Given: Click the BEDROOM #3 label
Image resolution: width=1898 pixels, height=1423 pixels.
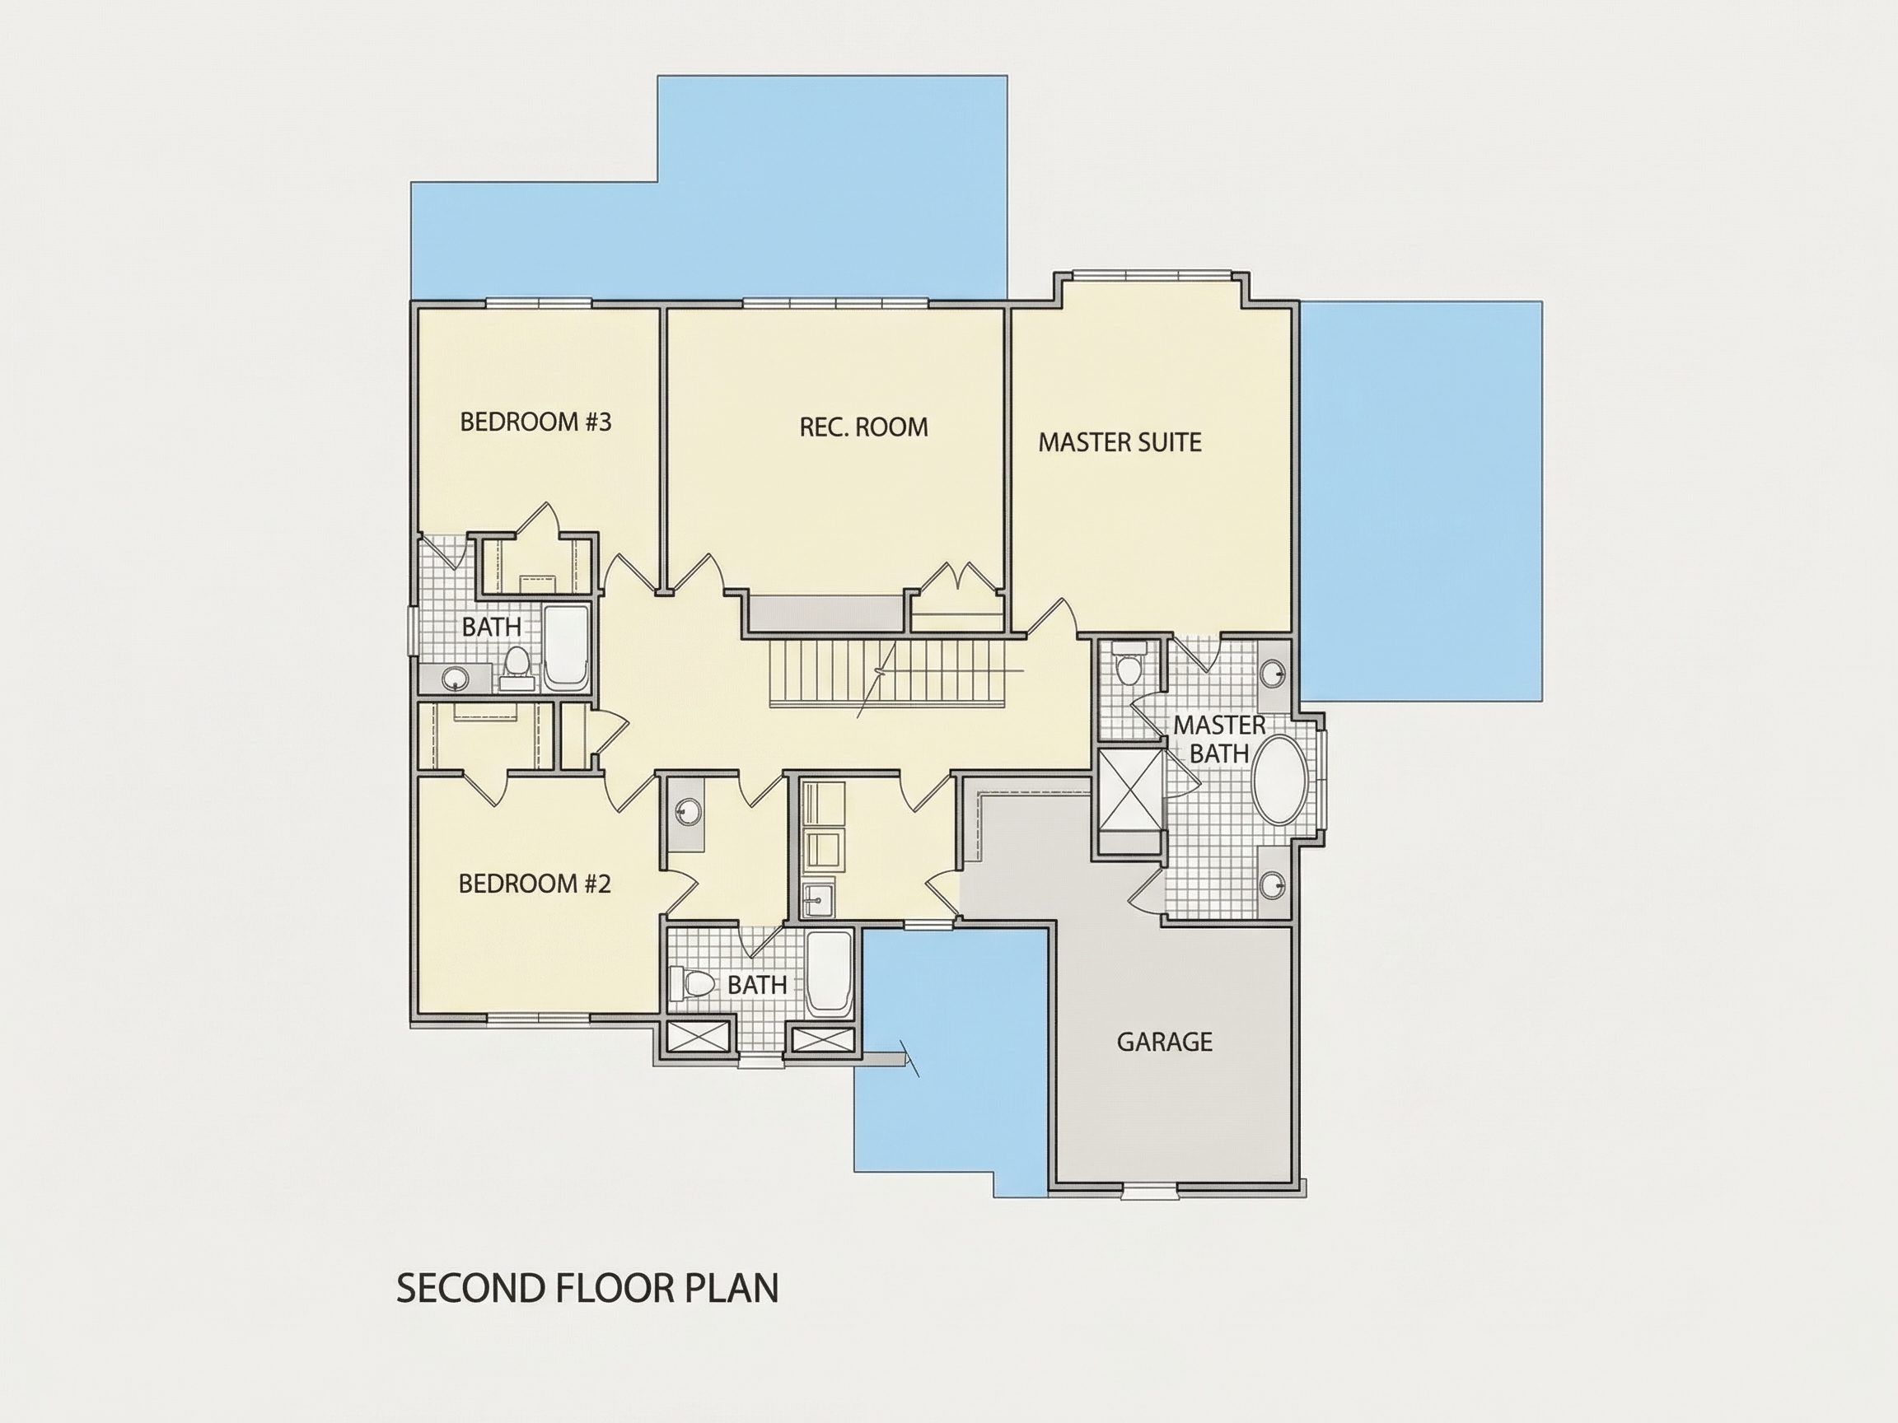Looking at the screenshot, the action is (x=535, y=422).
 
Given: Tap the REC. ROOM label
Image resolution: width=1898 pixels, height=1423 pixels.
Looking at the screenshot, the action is (x=863, y=427).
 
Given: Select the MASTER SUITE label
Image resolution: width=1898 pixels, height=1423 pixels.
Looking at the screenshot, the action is (x=1120, y=442).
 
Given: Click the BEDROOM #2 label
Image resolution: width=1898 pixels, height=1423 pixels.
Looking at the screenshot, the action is (x=535, y=884).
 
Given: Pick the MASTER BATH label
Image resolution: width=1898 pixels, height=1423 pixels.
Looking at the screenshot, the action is (x=1219, y=739).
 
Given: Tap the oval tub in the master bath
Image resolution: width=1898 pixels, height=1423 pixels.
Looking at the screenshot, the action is (x=1280, y=780).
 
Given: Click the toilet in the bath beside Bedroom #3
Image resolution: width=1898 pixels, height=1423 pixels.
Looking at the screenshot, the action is (x=517, y=669).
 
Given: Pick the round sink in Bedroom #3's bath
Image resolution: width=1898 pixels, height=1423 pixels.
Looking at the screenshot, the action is (x=453, y=680).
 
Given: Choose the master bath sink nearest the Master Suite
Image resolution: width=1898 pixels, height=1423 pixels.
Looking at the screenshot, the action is (x=1274, y=674).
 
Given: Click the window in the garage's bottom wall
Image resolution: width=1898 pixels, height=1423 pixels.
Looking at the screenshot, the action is (x=1150, y=1190).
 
